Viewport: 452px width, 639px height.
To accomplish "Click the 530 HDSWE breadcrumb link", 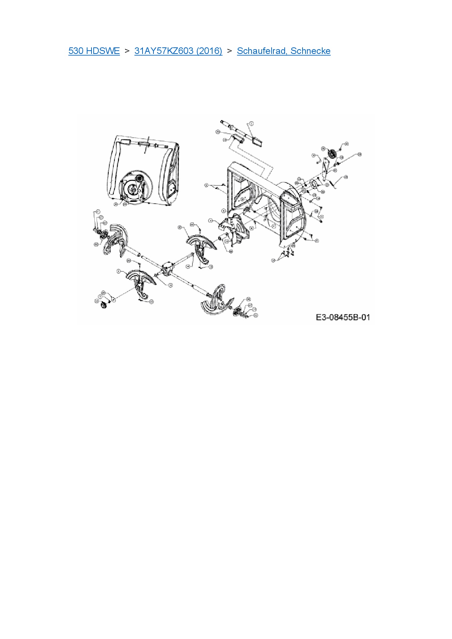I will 94,51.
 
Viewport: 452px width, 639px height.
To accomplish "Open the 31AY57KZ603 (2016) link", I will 178,51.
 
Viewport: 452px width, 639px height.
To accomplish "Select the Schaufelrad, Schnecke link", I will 284,51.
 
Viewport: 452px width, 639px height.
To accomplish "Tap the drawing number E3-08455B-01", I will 343,317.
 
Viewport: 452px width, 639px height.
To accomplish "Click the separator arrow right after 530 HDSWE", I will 127,51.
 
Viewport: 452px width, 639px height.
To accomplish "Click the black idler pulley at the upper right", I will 332,154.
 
